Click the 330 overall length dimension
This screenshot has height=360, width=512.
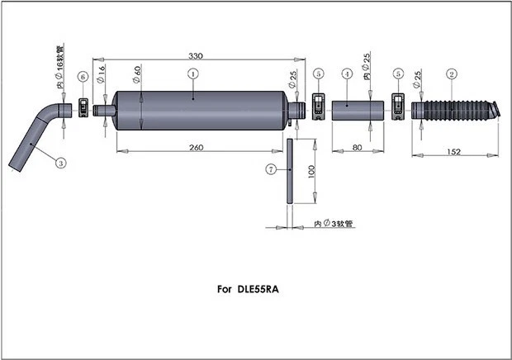point(196,55)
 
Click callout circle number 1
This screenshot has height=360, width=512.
point(192,73)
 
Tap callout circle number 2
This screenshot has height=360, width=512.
point(452,73)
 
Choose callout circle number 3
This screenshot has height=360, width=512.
point(60,163)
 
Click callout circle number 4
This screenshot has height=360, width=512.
point(347,73)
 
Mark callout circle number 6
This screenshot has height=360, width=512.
point(83,77)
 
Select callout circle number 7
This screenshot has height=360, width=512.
point(270,169)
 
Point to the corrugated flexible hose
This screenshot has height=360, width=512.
point(454,109)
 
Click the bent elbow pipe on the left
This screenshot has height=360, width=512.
point(37,136)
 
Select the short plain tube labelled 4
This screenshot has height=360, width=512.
point(351,110)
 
